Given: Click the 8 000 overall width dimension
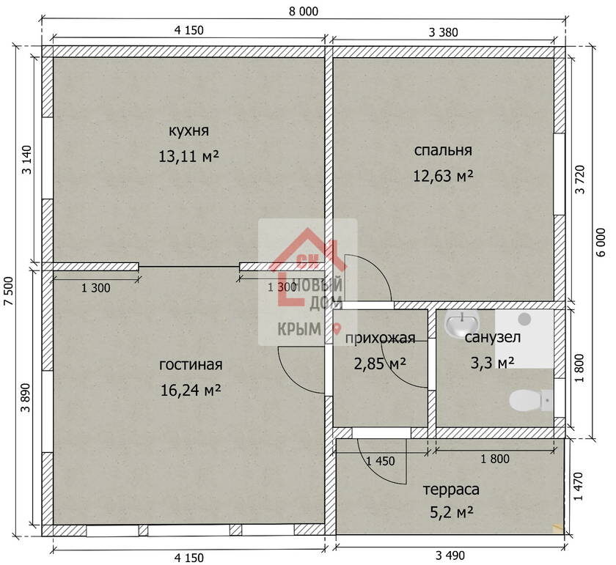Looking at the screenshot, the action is tap(304, 12).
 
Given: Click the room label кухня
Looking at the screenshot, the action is tap(188, 130).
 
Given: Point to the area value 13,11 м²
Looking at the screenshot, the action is tap(188, 156).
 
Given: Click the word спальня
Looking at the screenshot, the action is tap(443, 150).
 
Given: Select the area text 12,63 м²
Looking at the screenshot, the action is tap(443, 176).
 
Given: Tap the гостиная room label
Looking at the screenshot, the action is tap(191, 365).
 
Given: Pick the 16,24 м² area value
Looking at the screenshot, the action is tap(191, 390).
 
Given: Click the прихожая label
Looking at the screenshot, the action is tap(380, 338).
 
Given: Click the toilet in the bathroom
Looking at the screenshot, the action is tap(531, 400).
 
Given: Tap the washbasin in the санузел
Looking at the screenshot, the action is tap(462, 323).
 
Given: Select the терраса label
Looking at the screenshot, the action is tap(451, 490).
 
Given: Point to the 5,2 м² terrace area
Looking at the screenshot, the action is tap(451, 512).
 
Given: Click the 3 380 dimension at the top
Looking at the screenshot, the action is tap(443, 32).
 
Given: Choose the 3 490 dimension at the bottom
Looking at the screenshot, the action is tap(450, 555).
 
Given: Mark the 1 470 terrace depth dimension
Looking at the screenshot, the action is tap(579, 486).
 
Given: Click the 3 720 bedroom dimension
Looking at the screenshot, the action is tap(580, 180).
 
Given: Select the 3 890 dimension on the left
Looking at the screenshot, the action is tap(26, 397).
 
